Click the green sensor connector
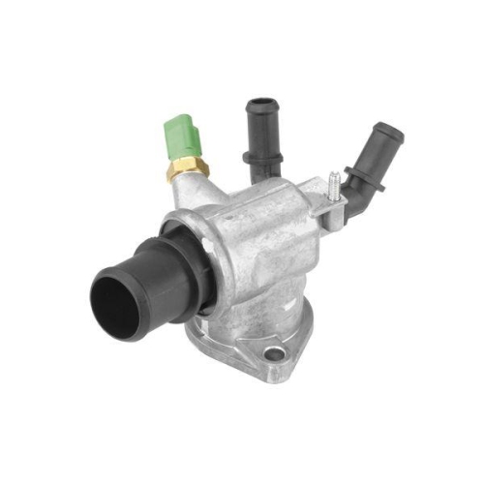click(x=180, y=141)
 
